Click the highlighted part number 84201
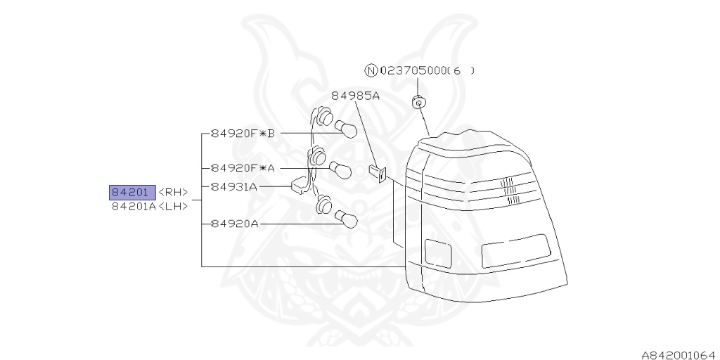pyautogui.click(x=131, y=192)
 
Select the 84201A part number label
pyautogui.click(x=133, y=207)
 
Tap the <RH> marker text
pyautogui.click(x=173, y=193)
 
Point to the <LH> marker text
pyautogui.click(x=173, y=207)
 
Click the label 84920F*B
pyautogui.click(x=242, y=132)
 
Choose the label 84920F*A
pyautogui.click(x=242, y=168)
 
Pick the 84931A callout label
pyautogui.click(x=234, y=186)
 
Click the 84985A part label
pyautogui.click(x=355, y=96)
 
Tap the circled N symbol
pyautogui.click(x=371, y=70)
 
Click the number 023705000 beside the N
pyautogui.click(x=412, y=70)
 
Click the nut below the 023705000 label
pyautogui.click(x=418, y=102)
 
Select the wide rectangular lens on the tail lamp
pyautogui.click(x=515, y=250)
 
